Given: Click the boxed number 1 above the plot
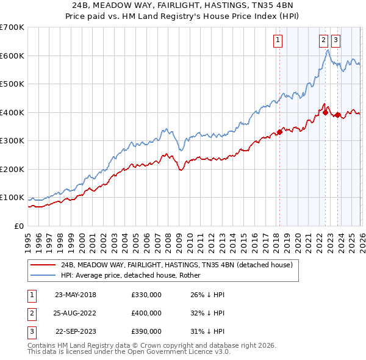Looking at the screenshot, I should click(x=278, y=41).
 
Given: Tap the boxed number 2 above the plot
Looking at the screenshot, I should click(x=323, y=41).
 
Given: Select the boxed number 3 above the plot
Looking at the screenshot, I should click(x=336, y=41).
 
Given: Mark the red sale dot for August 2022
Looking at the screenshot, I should click(x=325, y=112).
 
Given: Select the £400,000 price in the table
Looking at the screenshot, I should click(x=146, y=313).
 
